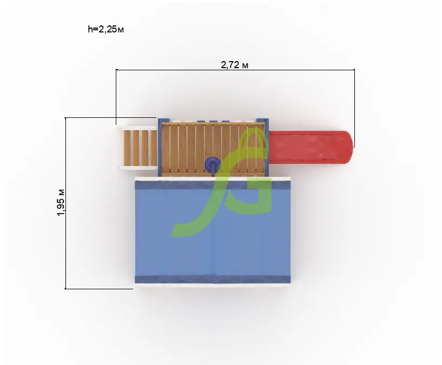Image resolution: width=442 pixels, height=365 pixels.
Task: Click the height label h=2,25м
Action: pos(105,29)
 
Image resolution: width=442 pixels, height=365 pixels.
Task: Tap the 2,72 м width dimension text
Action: pos(235,65)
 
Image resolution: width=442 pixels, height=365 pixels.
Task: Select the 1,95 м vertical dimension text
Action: pos(61,202)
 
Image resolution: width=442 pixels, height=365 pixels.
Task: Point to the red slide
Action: pos(311,148)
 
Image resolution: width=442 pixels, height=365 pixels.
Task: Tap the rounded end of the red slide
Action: pos(348,148)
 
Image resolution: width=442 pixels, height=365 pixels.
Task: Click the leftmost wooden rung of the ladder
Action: pos(127,148)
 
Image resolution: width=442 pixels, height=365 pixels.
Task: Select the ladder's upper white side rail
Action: pos(136,128)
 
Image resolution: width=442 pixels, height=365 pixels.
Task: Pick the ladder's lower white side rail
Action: pos(137,168)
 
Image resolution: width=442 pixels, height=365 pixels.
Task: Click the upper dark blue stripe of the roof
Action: pos(213,185)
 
